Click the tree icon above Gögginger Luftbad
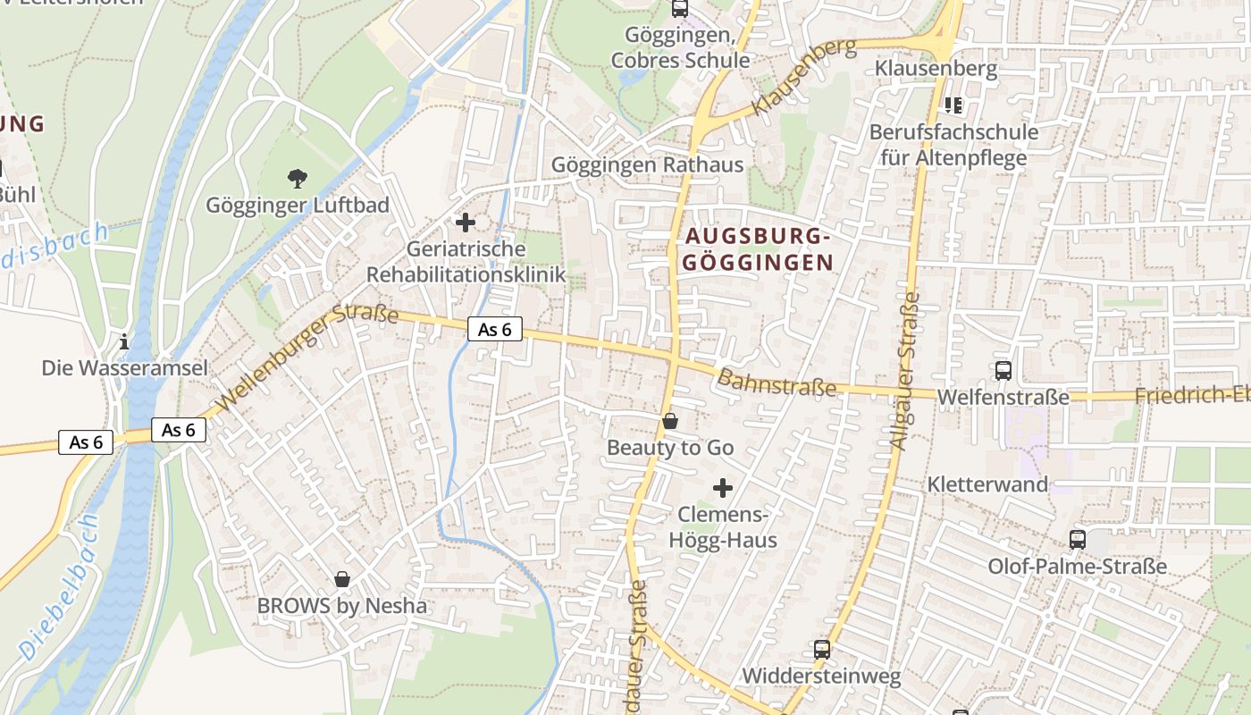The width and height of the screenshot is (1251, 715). click(298, 179)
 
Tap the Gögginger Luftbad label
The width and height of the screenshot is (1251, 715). click(298, 206)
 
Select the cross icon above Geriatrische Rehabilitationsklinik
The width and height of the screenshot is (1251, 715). click(466, 223)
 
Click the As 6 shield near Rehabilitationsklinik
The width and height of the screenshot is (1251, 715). click(494, 329)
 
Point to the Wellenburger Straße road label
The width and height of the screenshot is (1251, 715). click(306, 357)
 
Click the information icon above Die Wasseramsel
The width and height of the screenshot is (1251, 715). click(124, 341)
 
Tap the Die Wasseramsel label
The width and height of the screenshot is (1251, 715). click(124, 368)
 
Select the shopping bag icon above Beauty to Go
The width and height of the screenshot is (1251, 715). click(670, 421)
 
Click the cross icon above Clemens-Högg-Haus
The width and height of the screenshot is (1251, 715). click(723, 488)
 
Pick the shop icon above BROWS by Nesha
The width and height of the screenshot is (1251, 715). click(341, 580)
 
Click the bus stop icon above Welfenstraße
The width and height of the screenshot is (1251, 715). click(1003, 370)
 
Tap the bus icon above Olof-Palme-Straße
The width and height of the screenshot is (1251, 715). click(1078, 540)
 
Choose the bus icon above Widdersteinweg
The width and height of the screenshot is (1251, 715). click(821, 650)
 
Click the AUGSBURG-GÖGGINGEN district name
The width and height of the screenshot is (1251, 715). click(759, 249)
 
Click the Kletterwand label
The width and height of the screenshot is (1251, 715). click(987, 484)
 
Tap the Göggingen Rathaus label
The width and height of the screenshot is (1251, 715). click(647, 165)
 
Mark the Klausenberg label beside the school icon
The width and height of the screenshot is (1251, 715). click(936, 68)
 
